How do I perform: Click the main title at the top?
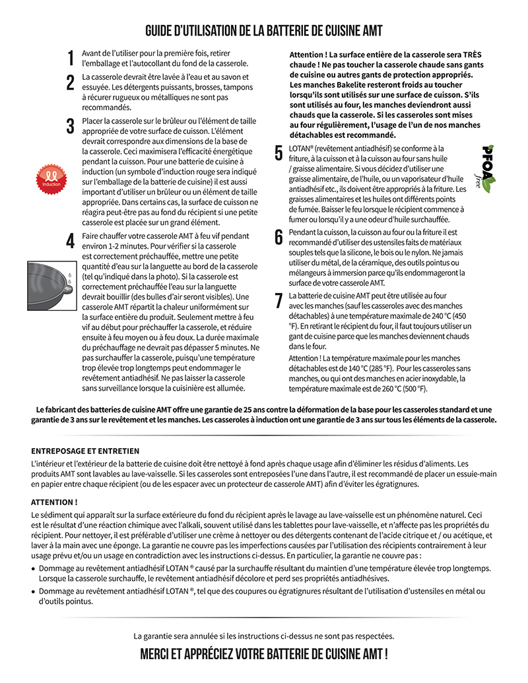[x=264, y=31]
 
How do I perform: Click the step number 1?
[x=71, y=59]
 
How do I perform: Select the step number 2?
[x=70, y=83]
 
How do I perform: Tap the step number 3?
[x=70, y=126]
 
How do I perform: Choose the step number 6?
[x=279, y=237]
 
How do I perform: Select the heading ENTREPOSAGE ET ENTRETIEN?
[x=85, y=451]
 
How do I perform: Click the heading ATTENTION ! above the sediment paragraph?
[x=54, y=502]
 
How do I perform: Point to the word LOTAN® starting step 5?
[x=302, y=148]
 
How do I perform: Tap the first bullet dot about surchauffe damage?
[x=34, y=568]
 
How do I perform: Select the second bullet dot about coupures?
[x=34, y=592]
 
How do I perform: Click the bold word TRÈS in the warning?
[x=471, y=54]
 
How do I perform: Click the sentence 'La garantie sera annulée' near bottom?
[x=264, y=636]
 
